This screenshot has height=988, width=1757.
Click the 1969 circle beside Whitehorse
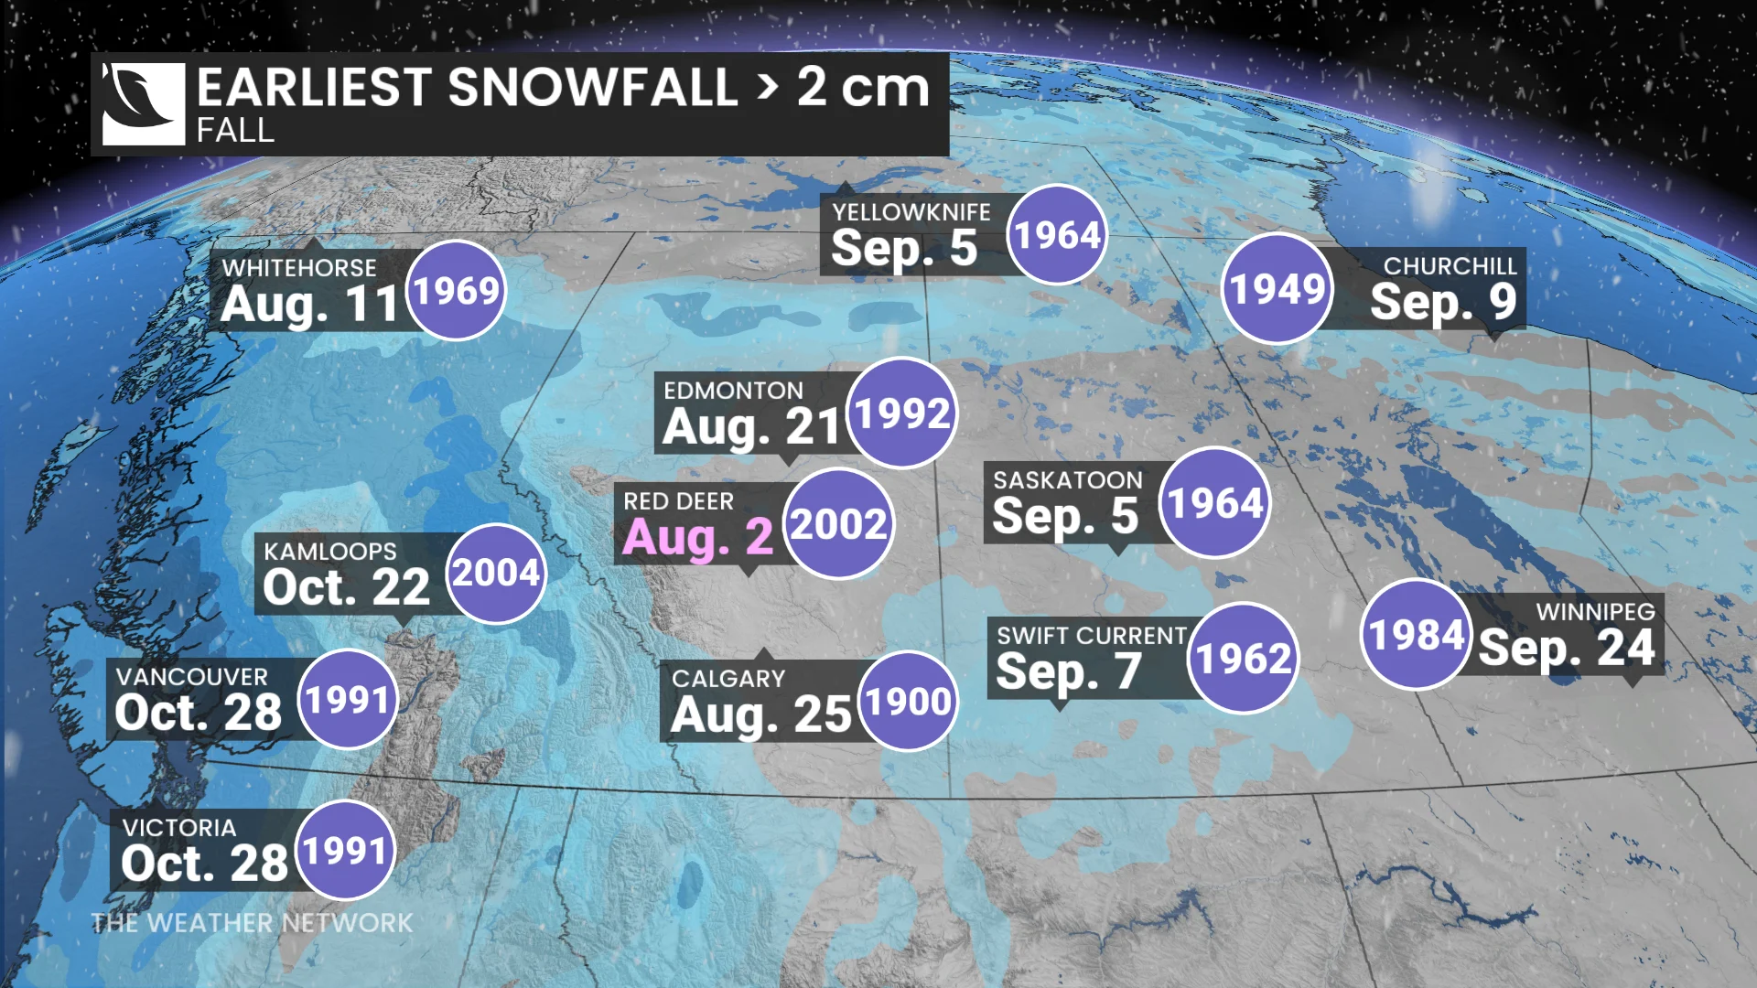tap(456, 291)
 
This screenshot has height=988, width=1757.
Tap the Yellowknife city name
tap(911, 212)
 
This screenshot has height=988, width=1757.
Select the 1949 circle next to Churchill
tap(1277, 289)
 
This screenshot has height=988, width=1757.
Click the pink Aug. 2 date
tap(697, 537)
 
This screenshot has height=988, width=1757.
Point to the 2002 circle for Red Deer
tap(838, 524)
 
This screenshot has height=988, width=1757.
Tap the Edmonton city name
tap(733, 391)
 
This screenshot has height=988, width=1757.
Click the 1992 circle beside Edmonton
tap(902, 413)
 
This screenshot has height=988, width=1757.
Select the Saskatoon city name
tap(1068, 480)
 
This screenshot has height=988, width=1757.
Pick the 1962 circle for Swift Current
tap(1243, 659)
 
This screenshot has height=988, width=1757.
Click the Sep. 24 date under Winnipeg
tap(1567, 649)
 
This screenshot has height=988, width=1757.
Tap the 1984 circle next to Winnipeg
tap(1417, 635)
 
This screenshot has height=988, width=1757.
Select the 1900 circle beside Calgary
tap(908, 702)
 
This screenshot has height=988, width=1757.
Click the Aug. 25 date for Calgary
tap(761, 714)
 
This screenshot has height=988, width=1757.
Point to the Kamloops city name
tap(330, 552)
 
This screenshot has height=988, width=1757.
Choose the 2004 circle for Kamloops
tap(496, 574)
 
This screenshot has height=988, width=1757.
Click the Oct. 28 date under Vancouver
tap(199, 713)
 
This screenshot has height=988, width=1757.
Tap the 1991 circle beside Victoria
tap(345, 851)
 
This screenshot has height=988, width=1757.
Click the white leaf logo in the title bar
tap(143, 103)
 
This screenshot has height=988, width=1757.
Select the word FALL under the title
tap(235, 131)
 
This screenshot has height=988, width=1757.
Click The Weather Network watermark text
tap(252, 923)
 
